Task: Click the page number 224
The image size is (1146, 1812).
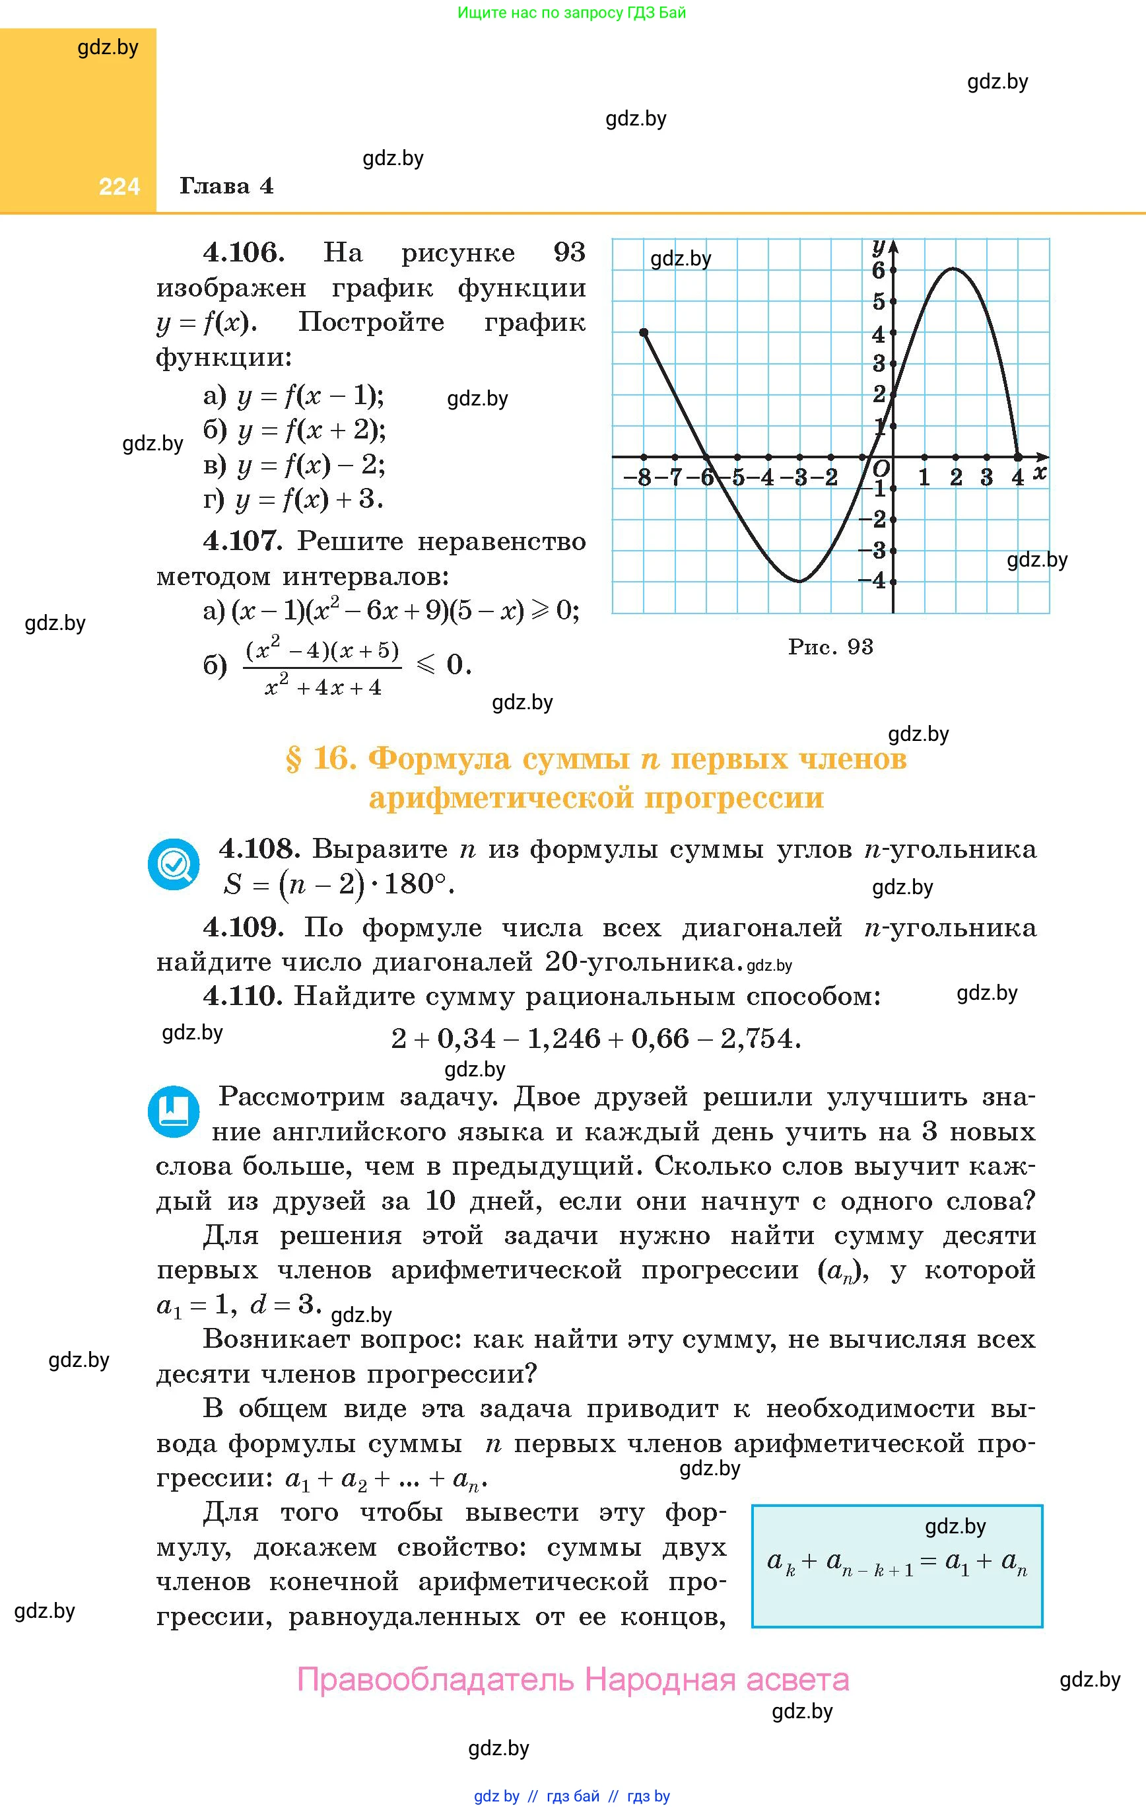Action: click(x=119, y=187)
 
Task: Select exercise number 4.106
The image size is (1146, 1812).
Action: click(x=244, y=252)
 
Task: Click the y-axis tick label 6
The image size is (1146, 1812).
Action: click(x=878, y=270)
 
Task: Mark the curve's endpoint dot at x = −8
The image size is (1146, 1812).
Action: click(x=644, y=333)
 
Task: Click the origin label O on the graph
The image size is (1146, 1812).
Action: click(x=881, y=469)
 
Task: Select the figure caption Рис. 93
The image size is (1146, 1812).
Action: click(x=830, y=646)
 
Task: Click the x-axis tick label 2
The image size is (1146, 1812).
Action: click(x=956, y=477)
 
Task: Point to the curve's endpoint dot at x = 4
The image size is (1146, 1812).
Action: click(x=1018, y=457)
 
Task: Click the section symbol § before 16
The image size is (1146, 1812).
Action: click(x=294, y=759)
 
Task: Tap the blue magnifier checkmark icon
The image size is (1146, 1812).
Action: click(x=174, y=864)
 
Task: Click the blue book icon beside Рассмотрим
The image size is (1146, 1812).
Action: click(x=174, y=1111)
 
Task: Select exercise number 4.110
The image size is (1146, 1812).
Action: click(x=243, y=996)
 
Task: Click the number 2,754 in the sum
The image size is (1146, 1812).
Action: click(x=757, y=1039)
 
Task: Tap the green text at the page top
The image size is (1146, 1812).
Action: click(x=572, y=13)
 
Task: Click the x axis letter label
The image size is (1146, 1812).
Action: click(x=1039, y=473)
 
